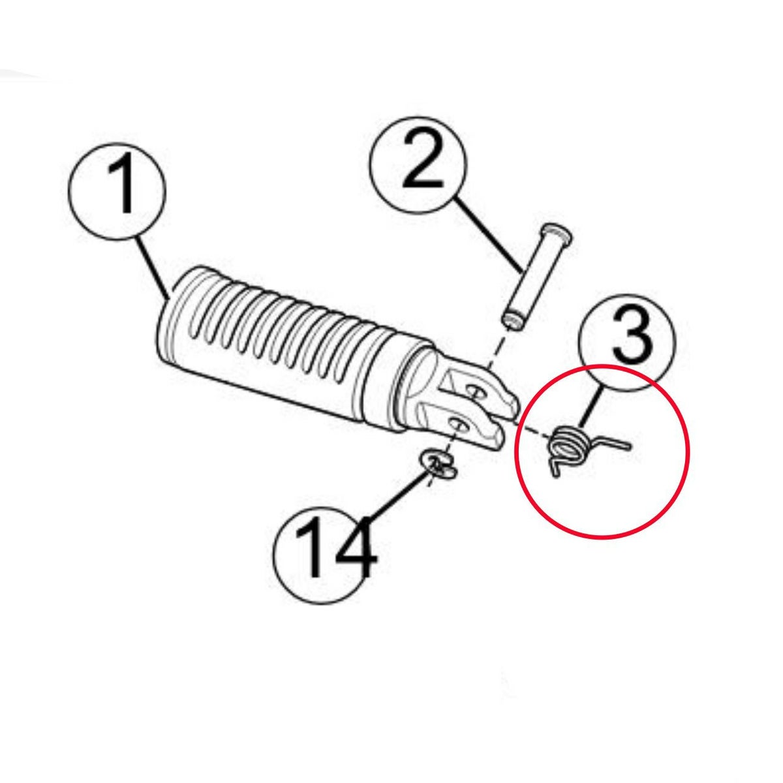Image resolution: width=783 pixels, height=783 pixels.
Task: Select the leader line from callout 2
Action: [489, 235]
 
